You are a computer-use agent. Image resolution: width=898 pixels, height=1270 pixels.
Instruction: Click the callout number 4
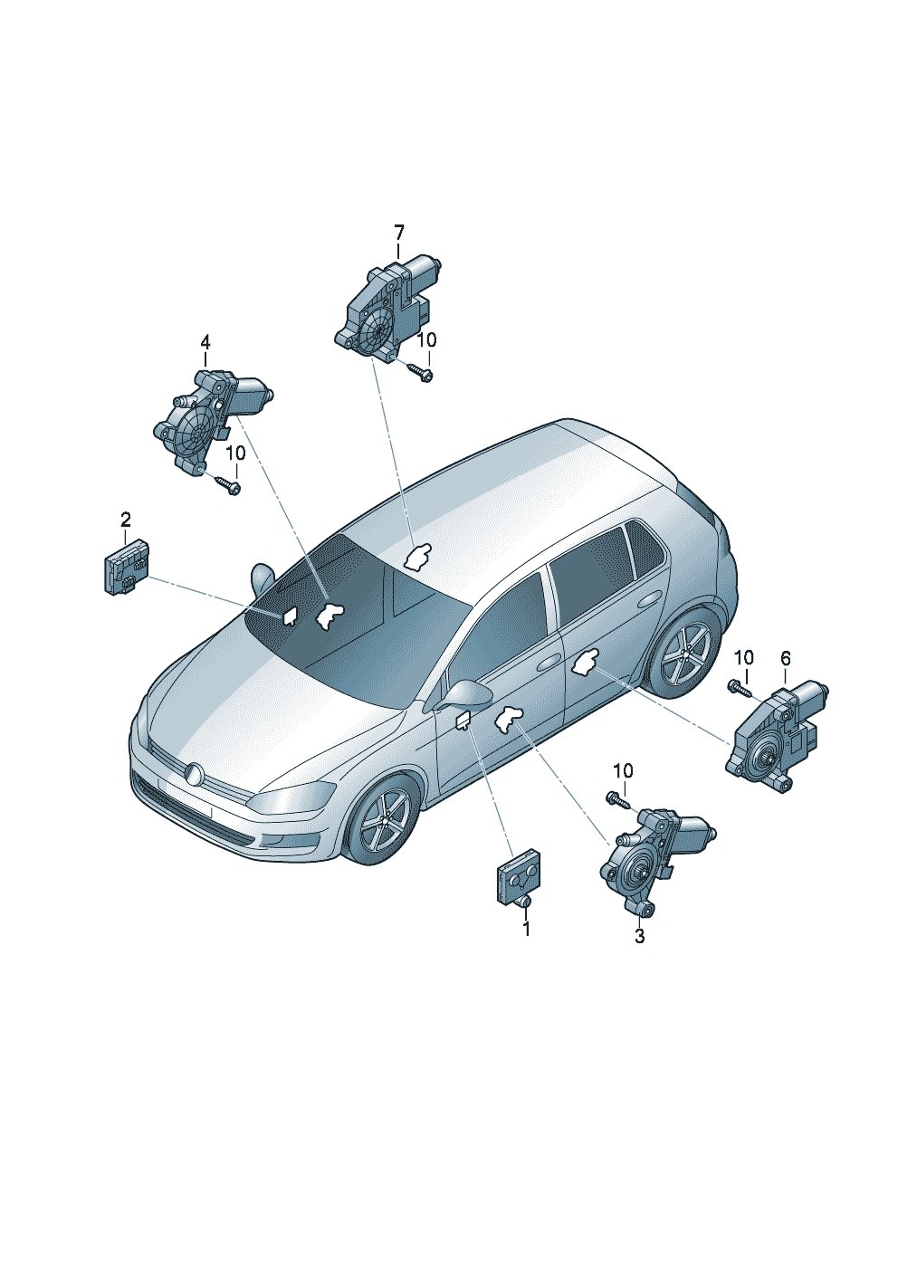[205, 342]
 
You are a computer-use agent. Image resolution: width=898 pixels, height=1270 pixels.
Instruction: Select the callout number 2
[125, 519]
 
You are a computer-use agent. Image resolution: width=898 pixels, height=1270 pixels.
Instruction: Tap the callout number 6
[785, 658]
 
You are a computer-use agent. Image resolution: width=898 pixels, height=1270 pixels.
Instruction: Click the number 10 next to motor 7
[427, 340]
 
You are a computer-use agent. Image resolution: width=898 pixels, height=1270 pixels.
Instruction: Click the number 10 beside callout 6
[744, 658]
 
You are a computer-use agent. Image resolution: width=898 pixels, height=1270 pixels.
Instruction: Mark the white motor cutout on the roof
[417, 555]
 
